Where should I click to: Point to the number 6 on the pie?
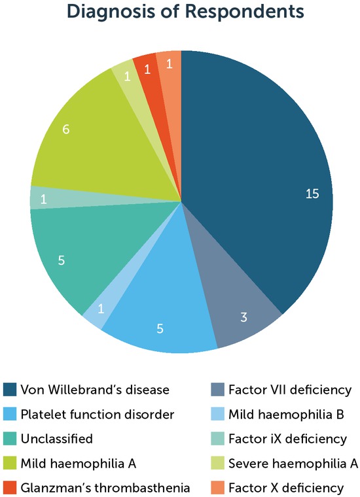coord(65,129)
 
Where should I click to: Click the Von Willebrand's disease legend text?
coord(95,390)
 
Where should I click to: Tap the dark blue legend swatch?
coord(10,390)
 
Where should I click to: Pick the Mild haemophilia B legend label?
coord(290,414)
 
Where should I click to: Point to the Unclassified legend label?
coord(56,439)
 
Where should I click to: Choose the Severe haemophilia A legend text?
coord(293,463)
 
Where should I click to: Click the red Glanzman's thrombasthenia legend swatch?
coord(10,488)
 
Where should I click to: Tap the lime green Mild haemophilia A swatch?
coord(10,463)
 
